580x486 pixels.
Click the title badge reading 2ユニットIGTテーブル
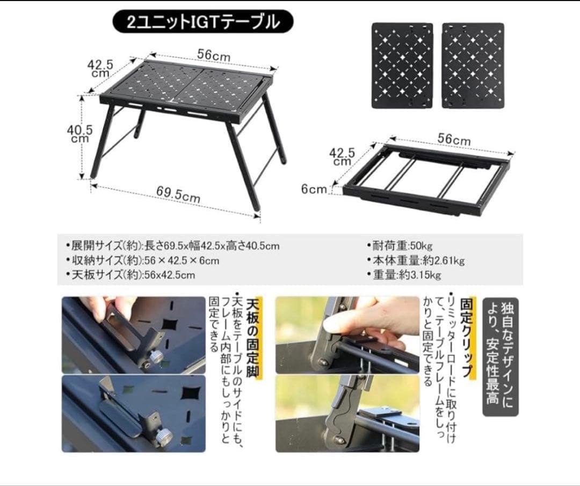(202, 22)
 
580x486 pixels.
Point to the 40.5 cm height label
(80, 133)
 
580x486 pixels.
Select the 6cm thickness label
(314, 189)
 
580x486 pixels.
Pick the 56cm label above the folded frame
(453, 139)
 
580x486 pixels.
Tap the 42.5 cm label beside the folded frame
(342, 156)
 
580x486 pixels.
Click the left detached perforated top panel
(402, 66)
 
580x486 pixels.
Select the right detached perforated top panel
(473, 66)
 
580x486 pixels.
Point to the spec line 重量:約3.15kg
(406, 275)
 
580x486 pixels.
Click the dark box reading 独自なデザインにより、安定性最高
(501, 357)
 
